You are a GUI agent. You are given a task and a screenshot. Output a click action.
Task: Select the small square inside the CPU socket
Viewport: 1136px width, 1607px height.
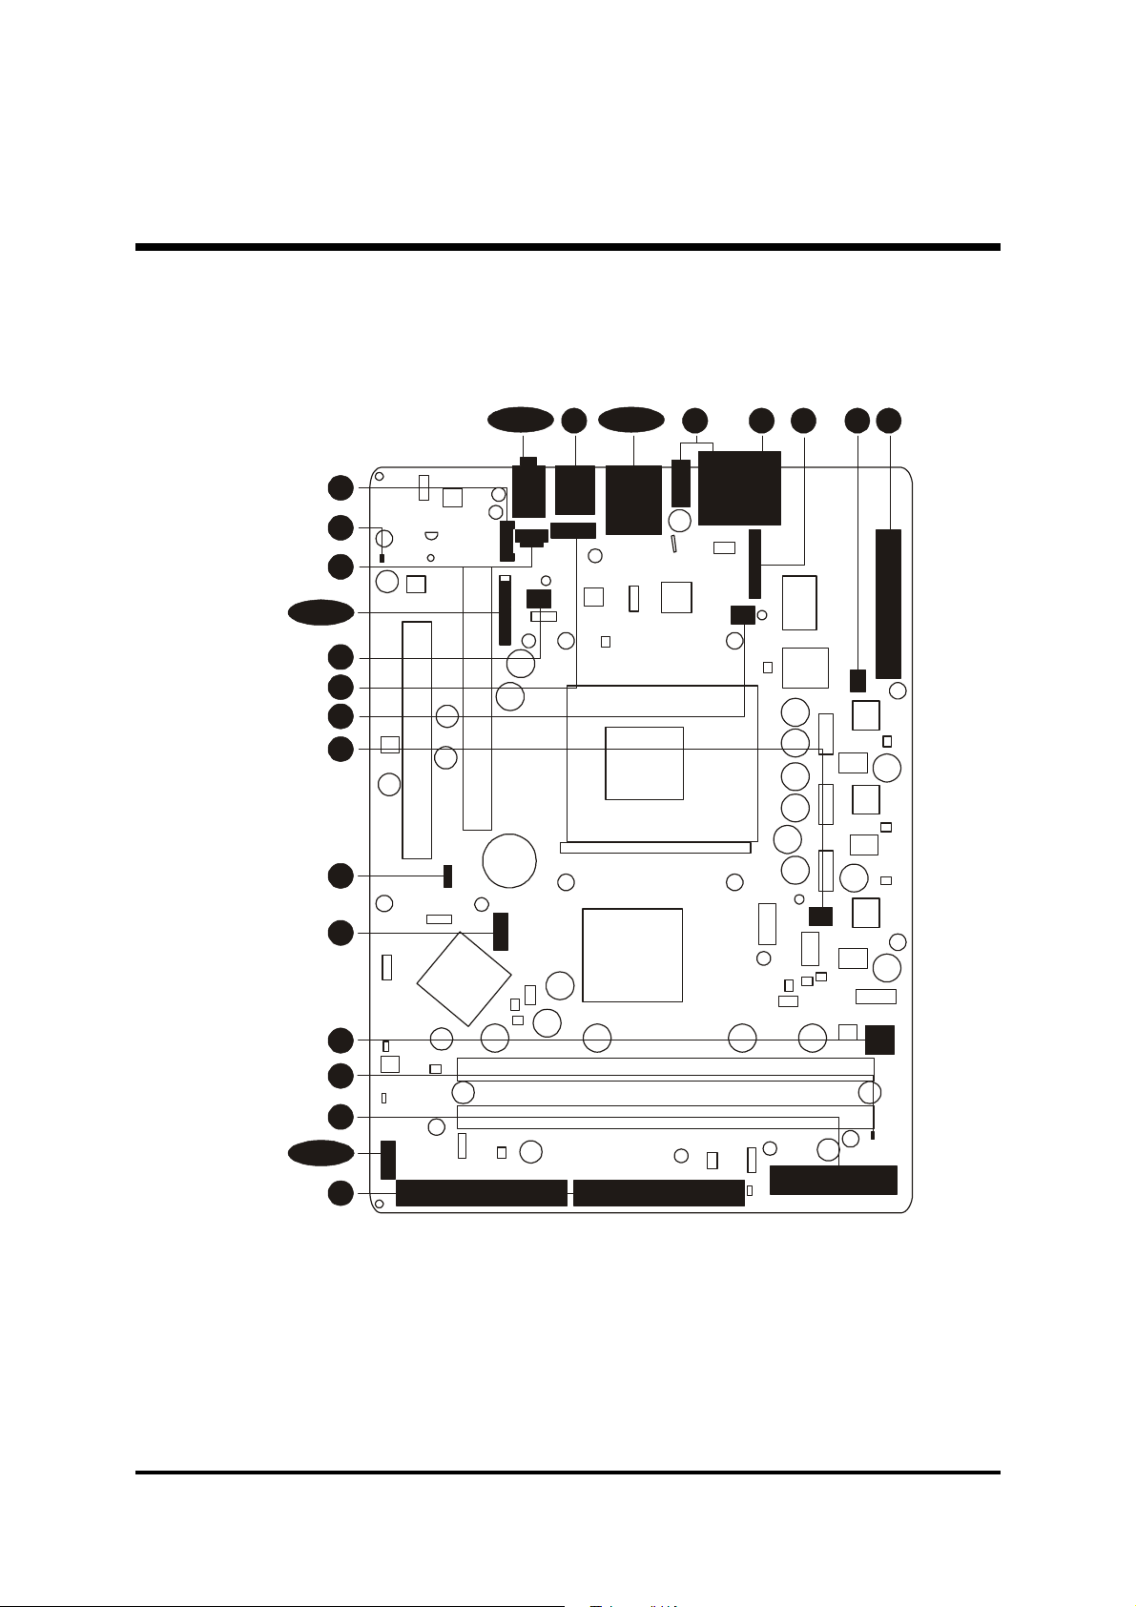(x=644, y=763)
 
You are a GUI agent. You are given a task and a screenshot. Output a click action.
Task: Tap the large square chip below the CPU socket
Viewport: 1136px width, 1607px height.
(x=632, y=955)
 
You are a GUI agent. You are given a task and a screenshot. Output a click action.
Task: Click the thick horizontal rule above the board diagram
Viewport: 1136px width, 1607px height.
(x=568, y=247)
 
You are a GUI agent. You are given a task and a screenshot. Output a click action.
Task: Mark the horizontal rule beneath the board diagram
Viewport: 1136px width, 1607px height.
(x=568, y=1473)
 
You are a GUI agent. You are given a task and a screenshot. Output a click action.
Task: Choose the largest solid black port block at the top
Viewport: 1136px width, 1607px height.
(x=739, y=488)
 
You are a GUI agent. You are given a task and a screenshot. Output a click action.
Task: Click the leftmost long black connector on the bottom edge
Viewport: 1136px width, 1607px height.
(x=481, y=1193)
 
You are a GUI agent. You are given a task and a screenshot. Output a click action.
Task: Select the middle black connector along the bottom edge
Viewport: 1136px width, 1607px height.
(x=658, y=1193)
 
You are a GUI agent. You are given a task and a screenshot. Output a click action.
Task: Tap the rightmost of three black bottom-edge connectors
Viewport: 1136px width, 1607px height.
(x=833, y=1180)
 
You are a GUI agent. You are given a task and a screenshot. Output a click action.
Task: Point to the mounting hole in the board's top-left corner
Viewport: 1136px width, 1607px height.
(x=379, y=477)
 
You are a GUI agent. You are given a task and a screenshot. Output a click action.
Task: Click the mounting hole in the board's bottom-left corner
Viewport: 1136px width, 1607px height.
(x=379, y=1205)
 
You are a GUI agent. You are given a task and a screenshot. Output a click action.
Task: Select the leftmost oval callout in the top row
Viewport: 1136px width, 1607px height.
(x=520, y=420)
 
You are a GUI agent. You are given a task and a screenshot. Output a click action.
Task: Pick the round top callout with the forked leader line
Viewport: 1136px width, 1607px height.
(x=695, y=420)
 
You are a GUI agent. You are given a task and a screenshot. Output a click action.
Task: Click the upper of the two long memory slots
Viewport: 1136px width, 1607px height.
(x=665, y=1068)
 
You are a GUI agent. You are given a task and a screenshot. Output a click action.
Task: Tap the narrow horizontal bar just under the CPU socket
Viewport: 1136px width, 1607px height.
(x=655, y=847)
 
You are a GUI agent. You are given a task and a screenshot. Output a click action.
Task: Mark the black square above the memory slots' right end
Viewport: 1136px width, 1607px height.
(x=879, y=1040)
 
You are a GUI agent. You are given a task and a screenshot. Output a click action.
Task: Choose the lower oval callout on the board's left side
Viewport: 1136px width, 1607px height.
(x=321, y=1153)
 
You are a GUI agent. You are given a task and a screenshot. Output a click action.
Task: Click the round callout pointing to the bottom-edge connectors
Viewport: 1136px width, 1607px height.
(x=340, y=1193)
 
